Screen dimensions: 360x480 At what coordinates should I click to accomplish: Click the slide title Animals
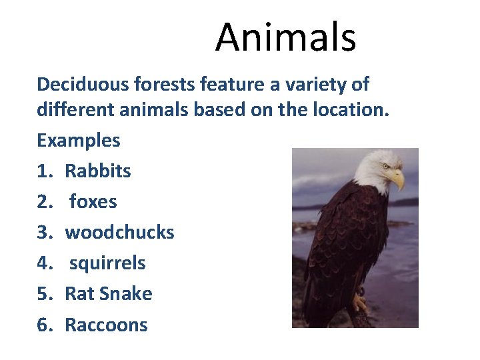(x=285, y=37)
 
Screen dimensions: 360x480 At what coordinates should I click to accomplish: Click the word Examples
(x=79, y=141)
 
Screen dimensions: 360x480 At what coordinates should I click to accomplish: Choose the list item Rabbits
(x=98, y=171)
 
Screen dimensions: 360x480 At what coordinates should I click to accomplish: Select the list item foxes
(x=93, y=202)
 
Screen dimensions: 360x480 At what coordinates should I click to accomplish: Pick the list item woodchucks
(x=119, y=233)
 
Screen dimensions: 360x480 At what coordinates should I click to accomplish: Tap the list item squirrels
(x=107, y=263)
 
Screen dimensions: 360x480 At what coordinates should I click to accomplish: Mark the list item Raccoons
(x=106, y=325)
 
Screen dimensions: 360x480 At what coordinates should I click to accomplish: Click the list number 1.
(x=44, y=171)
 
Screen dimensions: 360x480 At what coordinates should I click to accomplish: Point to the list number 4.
(x=44, y=263)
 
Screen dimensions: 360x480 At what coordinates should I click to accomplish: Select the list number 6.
(x=44, y=325)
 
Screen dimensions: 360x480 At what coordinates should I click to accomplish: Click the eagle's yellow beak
(x=397, y=178)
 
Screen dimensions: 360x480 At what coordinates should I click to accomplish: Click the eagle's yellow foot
(x=360, y=305)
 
